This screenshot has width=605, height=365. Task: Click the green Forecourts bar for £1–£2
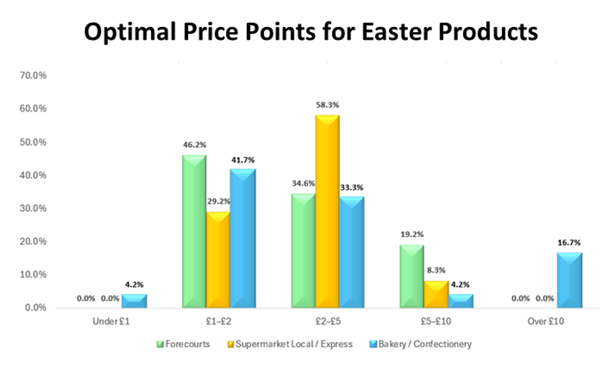194,231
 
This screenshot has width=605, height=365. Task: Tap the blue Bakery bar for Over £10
569,280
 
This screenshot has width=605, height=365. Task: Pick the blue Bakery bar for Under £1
134,300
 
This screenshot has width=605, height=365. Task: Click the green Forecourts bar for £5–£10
412,276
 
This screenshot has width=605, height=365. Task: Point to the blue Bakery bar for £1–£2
242,238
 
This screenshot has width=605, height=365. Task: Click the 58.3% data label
327,105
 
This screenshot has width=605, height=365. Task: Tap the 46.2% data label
194,145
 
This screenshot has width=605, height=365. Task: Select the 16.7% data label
569,243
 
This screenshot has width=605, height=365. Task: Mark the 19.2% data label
412,235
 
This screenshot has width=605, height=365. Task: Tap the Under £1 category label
109,322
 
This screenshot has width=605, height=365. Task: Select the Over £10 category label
546,322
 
